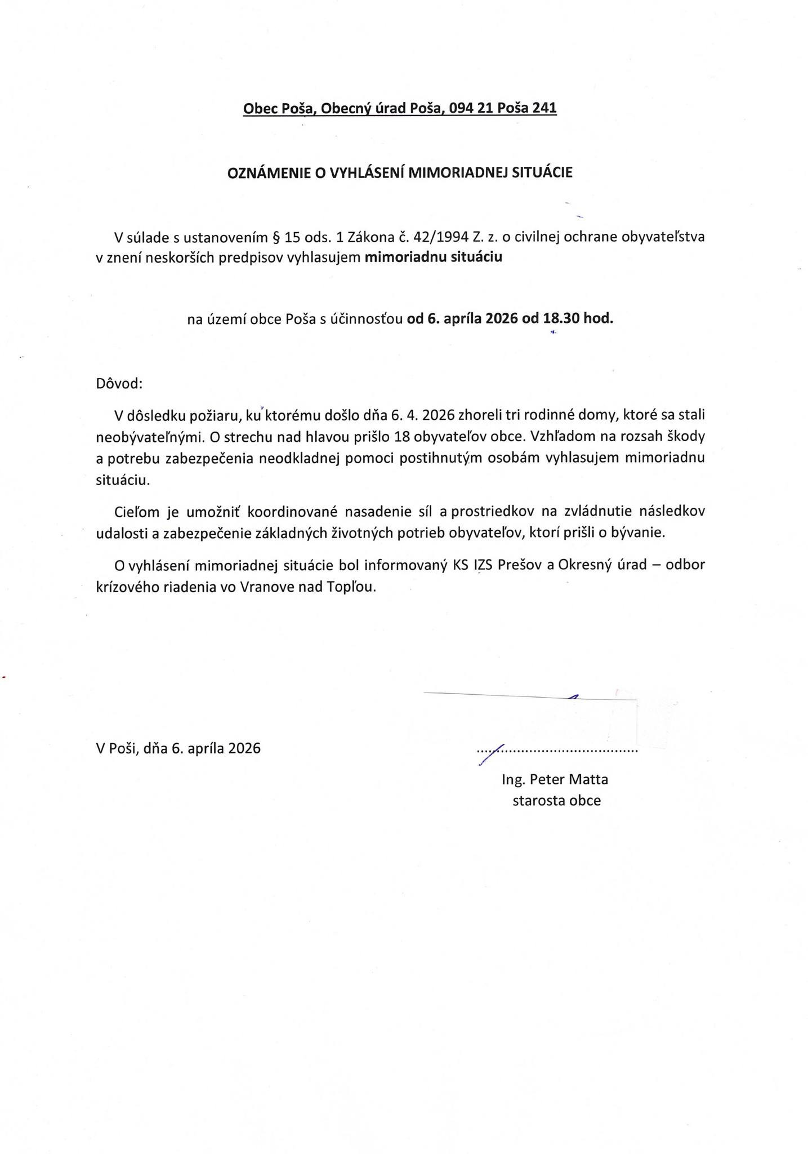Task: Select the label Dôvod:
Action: [119, 384]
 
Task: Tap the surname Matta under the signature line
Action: [588, 780]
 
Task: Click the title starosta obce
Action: [556, 800]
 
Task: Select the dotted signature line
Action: [557, 751]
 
